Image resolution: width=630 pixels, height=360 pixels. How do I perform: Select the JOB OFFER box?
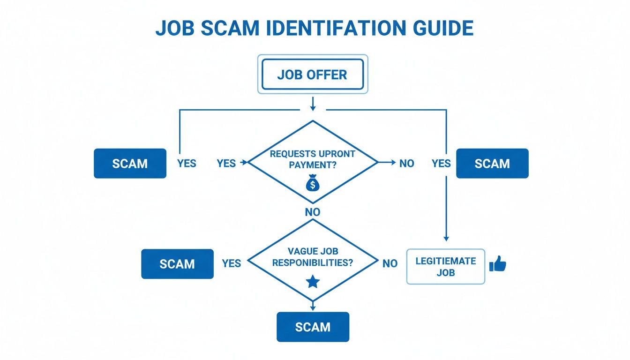click(313, 74)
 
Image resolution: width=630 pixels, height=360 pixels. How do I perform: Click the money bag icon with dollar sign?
click(312, 183)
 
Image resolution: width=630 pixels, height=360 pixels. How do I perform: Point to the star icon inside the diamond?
click(313, 281)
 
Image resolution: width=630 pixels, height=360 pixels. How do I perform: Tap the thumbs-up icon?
click(497, 264)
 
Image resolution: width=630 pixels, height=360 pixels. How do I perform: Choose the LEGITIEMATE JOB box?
click(445, 266)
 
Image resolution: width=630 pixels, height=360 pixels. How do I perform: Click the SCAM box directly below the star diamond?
click(313, 327)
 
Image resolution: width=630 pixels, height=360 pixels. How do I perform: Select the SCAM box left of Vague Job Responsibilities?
click(177, 264)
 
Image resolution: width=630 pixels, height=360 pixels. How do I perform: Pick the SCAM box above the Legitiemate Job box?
click(492, 164)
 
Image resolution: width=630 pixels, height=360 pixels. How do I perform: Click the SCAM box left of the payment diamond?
click(130, 164)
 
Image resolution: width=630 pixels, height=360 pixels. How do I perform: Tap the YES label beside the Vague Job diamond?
click(232, 263)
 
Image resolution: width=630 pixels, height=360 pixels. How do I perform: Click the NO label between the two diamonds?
click(313, 212)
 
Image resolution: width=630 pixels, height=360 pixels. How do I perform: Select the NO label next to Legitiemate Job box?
click(390, 263)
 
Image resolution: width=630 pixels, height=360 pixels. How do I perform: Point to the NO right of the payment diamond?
click(407, 164)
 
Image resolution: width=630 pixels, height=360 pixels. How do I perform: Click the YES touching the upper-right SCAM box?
click(441, 164)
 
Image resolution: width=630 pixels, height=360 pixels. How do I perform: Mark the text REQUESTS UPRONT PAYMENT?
click(313, 159)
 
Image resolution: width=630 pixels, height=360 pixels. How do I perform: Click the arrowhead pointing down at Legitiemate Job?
click(446, 239)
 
